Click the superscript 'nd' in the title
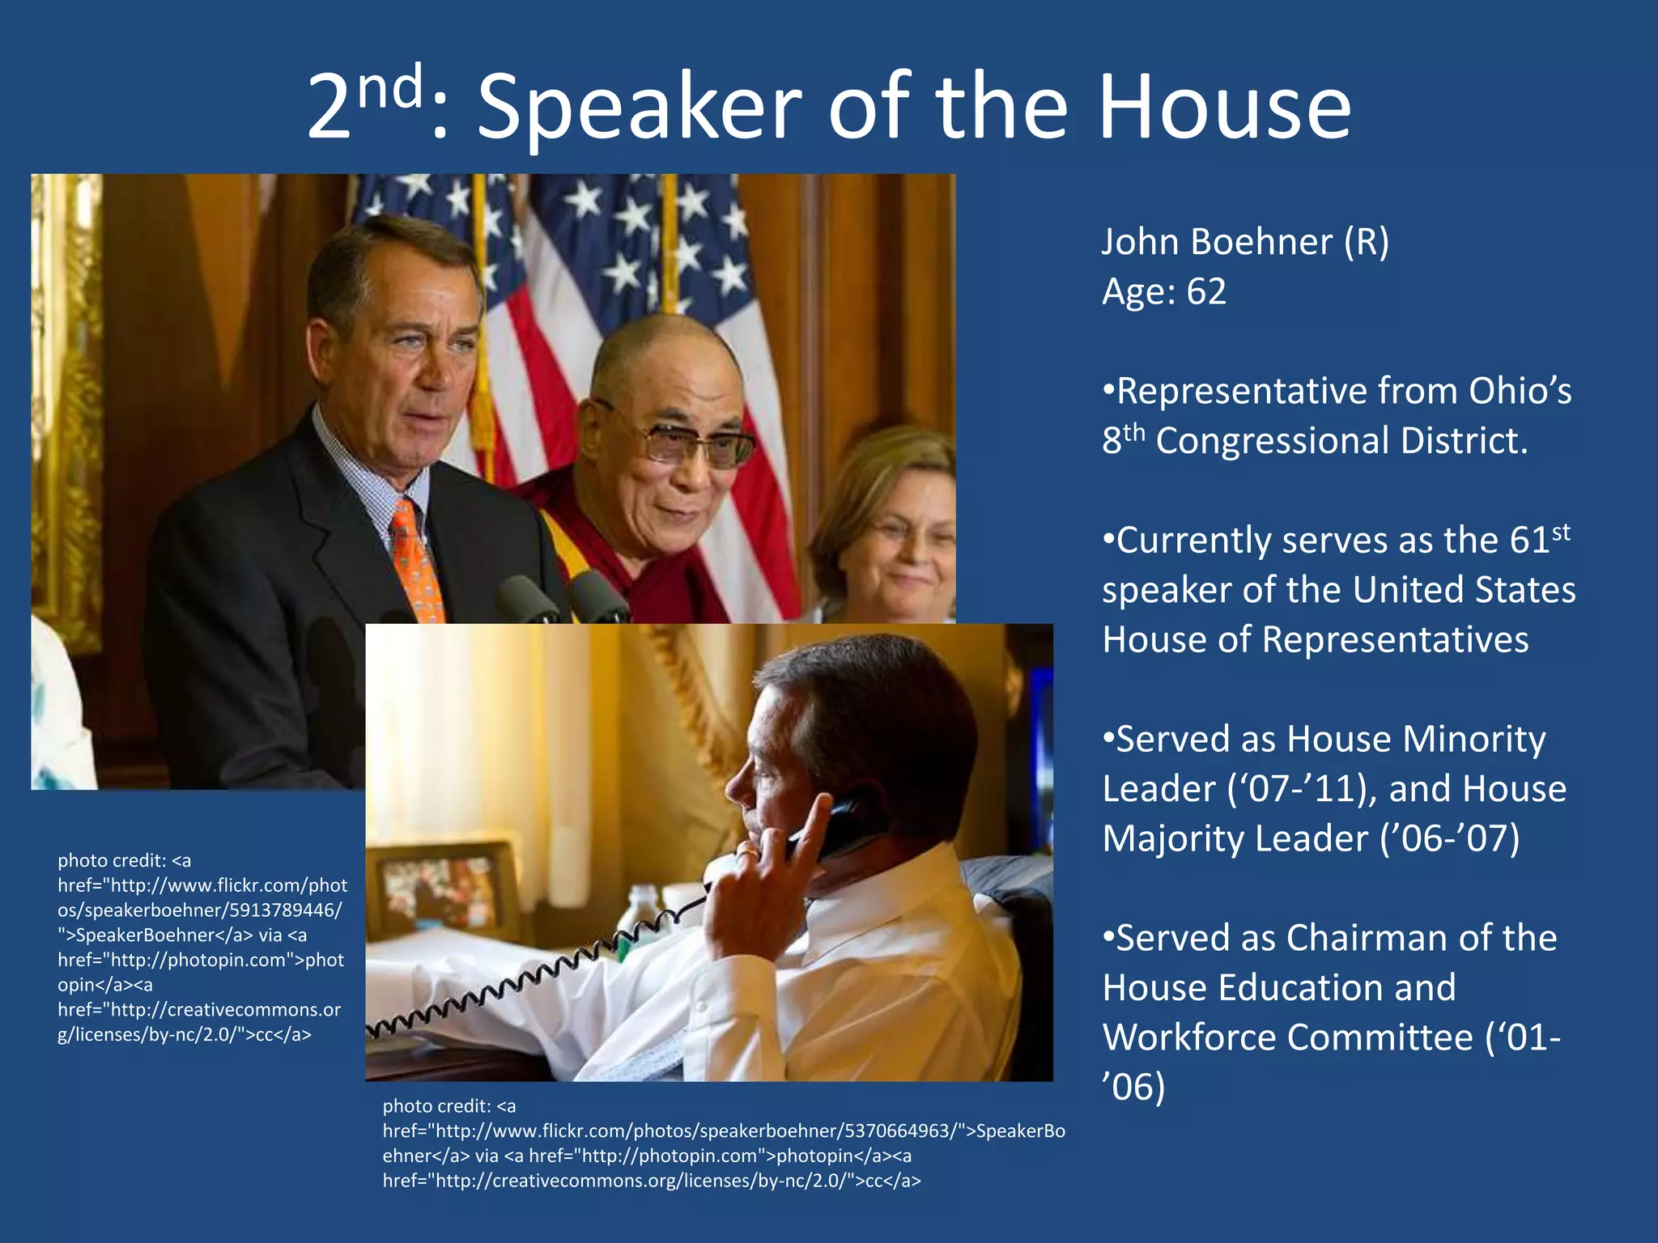(390, 87)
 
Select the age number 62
(1206, 291)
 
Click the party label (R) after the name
(1366, 242)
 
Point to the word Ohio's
(1520, 391)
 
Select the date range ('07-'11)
(1302, 789)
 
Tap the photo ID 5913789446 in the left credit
(286, 910)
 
